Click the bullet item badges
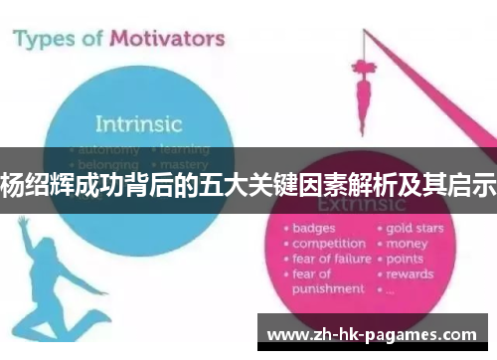pos(313,228)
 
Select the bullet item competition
pos(327,243)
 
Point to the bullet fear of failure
pos(331,258)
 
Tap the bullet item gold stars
pos(414,228)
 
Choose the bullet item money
pos(408,243)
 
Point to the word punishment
pos(327,288)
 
